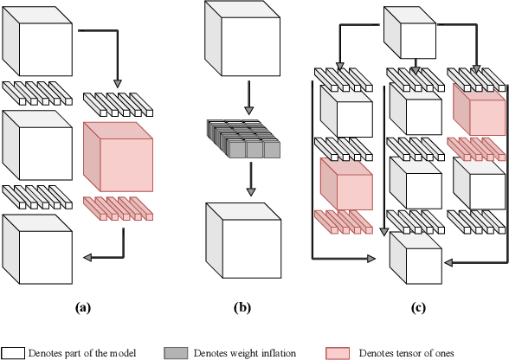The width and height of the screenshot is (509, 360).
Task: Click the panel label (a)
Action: (83, 306)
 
